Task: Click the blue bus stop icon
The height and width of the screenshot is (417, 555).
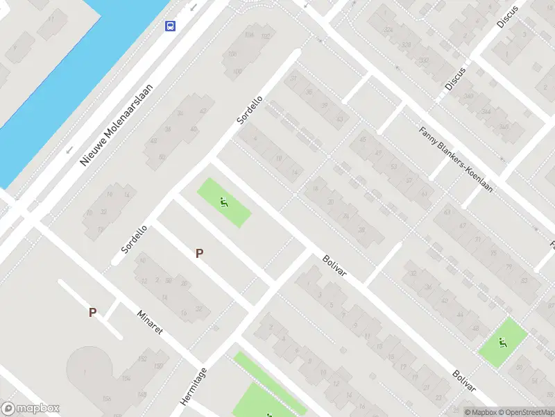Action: coord(170,26)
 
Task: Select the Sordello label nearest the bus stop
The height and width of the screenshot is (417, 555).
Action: coord(250,110)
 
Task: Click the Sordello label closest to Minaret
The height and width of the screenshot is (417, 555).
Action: coord(134,238)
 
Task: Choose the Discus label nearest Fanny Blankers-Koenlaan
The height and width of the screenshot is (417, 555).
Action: coord(456,79)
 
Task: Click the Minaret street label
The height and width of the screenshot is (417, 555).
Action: coord(150,321)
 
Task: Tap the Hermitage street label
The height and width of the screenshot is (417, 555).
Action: coord(194,386)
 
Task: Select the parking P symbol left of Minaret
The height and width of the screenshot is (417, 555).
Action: coord(92,313)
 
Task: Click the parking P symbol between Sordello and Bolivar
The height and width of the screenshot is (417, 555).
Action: coord(199,254)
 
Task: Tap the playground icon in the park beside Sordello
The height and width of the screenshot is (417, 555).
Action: coord(224,202)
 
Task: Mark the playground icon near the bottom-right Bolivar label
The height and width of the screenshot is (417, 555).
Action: coord(503,342)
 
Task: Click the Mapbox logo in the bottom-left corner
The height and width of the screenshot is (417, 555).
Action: coord(31,409)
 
